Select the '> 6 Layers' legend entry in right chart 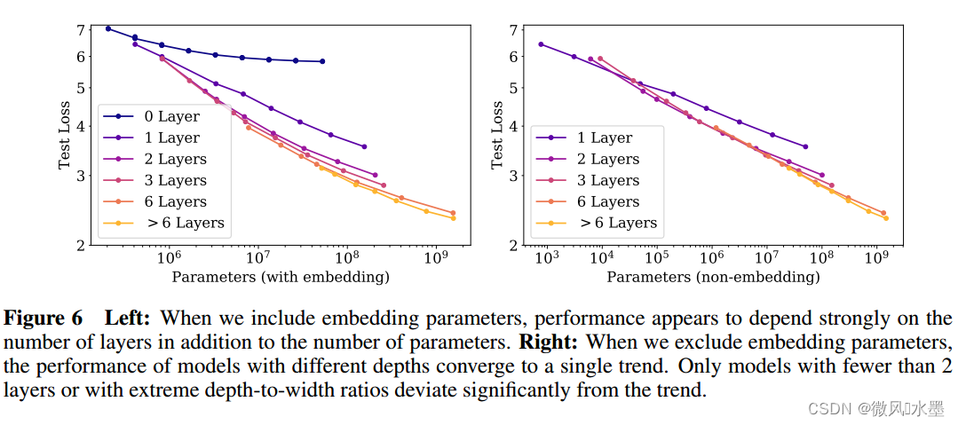pos(618,223)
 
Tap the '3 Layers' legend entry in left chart pos(175,180)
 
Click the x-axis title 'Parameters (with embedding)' pos(281,277)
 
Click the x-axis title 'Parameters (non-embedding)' pos(713,277)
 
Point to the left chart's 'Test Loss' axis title pos(65,136)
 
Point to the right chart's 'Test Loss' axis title pos(497,136)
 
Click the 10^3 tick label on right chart pos(547,257)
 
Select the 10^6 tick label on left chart pos(168,257)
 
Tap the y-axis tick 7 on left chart pos(80,29)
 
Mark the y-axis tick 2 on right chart pos(512,244)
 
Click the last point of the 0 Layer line pos(321,61)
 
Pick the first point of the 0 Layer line pos(108,28)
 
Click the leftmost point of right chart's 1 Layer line pos(541,44)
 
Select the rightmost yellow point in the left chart pos(453,218)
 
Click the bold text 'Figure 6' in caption pos(44,318)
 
